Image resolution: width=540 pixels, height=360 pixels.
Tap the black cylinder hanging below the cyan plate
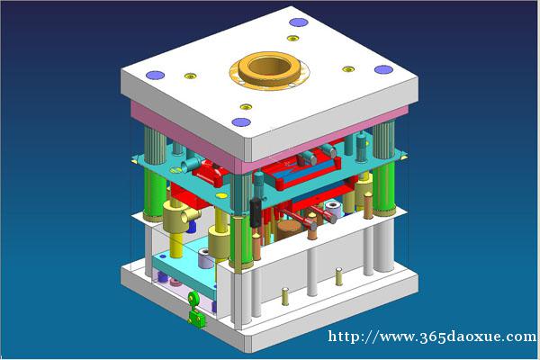pos(256,212)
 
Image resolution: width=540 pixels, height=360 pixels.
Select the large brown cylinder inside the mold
pos(289,230)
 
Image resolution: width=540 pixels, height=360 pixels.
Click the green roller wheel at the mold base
pos(193,299)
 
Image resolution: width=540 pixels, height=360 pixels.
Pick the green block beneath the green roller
pos(196,319)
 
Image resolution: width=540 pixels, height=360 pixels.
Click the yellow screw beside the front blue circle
pos(246,107)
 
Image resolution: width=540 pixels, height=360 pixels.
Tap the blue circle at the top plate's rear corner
pos(298,22)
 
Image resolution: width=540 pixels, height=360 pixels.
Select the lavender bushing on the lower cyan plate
pos(205,258)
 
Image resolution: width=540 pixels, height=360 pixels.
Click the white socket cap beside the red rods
pos(333,210)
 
